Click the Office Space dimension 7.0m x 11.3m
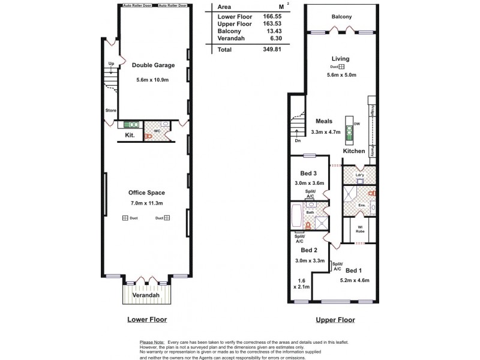[x=146, y=203]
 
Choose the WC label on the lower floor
[x=156, y=130]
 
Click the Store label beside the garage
[x=110, y=110]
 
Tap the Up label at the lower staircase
[x=111, y=64]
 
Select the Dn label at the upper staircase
[x=298, y=141]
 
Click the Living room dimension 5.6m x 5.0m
[x=341, y=75]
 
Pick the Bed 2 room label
[x=308, y=250]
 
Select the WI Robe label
[x=360, y=229]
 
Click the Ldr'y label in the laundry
[x=359, y=176]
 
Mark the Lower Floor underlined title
[x=147, y=320]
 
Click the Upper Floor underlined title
[x=335, y=320]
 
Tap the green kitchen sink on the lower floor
[x=131, y=125]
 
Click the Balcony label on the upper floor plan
[x=341, y=17]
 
